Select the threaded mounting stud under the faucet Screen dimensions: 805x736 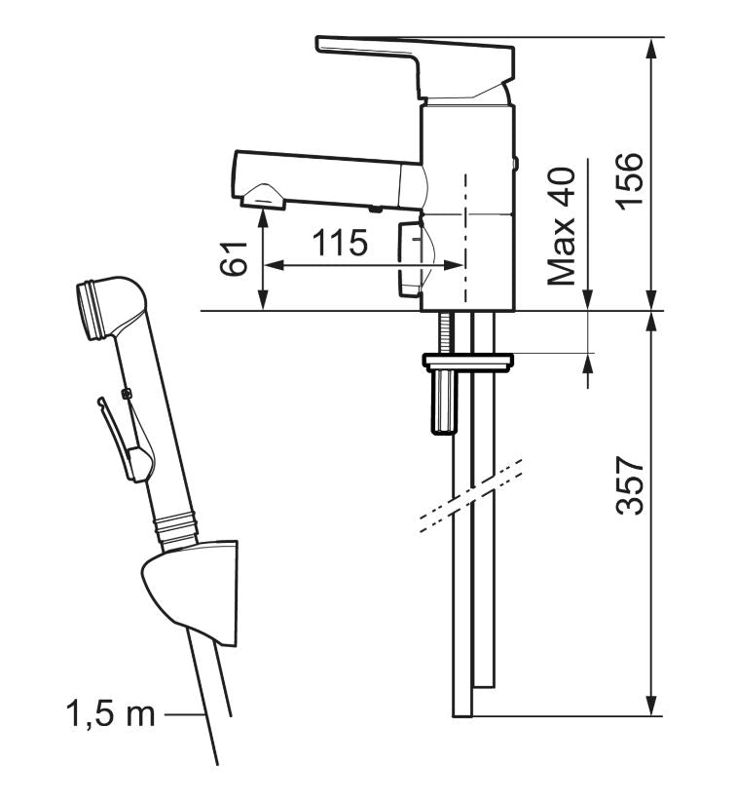pyautogui.click(x=445, y=332)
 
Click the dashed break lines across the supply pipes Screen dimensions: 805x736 pyautogui.click(x=469, y=497)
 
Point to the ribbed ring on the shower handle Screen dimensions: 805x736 pyautogui.click(x=178, y=527)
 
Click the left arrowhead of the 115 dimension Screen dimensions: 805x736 pyautogui.click(x=273, y=264)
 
